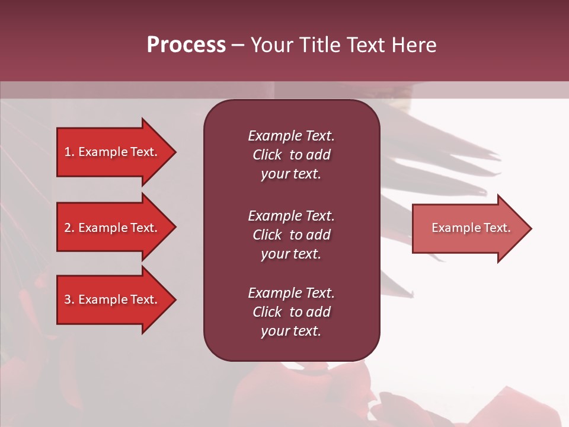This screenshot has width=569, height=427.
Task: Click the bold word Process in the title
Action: (x=186, y=45)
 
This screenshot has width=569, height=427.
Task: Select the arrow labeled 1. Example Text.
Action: (x=113, y=152)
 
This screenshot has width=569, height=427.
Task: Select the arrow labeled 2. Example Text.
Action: (x=113, y=228)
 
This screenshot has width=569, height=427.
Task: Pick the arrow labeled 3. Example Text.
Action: (x=113, y=299)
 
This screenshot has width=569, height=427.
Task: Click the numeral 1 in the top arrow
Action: (x=68, y=152)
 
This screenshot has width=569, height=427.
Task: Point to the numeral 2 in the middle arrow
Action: (x=68, y=228)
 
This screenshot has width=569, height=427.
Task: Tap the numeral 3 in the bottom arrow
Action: (x=68, y=299)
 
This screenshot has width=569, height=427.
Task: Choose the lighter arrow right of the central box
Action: (x=468, y=228)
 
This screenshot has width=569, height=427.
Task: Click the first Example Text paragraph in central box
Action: (x=291, y=155)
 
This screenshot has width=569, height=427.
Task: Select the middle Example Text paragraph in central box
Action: (x=291, y=235)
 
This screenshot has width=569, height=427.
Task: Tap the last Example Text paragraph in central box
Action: (x=291, y=312)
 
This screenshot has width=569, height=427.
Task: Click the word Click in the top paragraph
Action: (x=267, y=155)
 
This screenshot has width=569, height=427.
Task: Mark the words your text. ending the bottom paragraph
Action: (x=291, y=331)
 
